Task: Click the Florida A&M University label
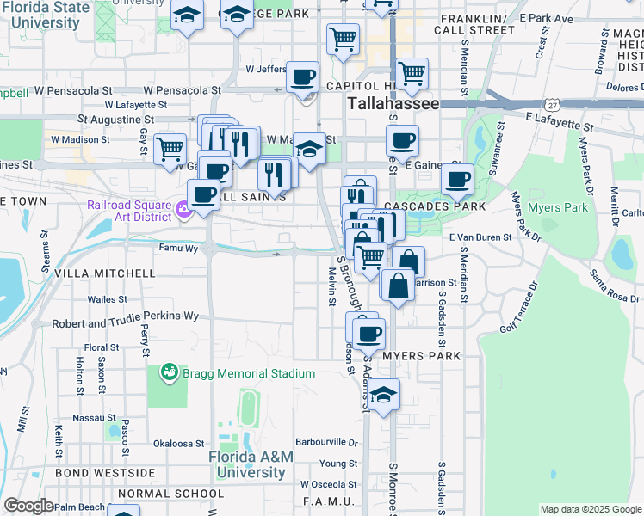(255, 464)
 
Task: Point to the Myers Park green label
(557, 207)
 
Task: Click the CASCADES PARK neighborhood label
(435, 207)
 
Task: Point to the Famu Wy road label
(177, 249)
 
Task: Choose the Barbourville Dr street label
(327, 442)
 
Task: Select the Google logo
(28, 506)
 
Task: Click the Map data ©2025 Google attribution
(590, 509)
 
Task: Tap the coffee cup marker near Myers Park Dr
(456, 180)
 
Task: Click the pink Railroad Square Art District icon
(182, 208)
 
